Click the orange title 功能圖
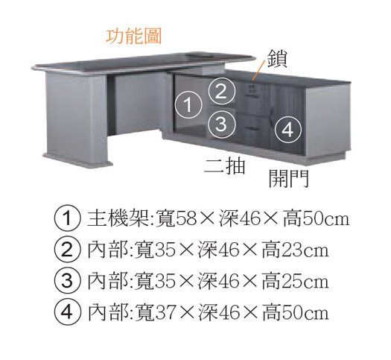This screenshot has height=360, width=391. pos(134,37)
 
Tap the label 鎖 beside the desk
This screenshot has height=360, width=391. pos(277,59)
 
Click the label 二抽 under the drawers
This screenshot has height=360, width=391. pos(225,166)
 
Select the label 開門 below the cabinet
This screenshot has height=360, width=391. pos(289,178)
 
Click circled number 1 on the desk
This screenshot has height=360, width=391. pos(188,105)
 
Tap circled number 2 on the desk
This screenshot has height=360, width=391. pos(222,92)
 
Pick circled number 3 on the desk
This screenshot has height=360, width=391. pos(221,124)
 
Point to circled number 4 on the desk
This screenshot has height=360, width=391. pos(288,130)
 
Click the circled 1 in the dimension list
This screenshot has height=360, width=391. pos(67,218)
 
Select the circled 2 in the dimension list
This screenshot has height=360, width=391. pos(67,250)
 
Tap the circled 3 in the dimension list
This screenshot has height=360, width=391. pos(67,281)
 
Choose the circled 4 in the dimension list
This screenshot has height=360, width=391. pos(67,312)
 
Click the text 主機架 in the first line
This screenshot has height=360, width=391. pos(119,218)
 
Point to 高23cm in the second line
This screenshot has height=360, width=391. pos(295,250)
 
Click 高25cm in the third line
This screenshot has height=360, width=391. pos(295,281)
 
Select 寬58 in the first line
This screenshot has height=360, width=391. pos(177,218)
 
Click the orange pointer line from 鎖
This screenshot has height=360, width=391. pos(258,70)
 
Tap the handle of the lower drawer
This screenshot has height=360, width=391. pos(251,128)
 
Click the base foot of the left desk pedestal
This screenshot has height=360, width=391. pos(77,160)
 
